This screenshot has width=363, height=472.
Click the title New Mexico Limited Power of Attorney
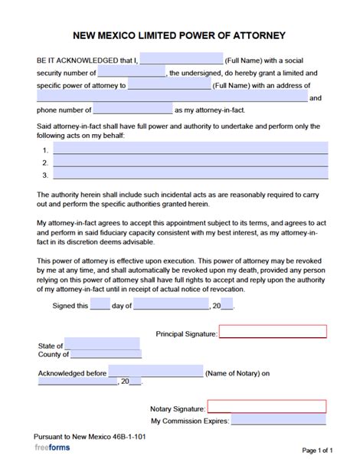coord(182,34)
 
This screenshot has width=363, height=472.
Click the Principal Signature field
coord(273,332)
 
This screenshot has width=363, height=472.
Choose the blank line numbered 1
coord(190,149)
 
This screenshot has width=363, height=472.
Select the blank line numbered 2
coord(190,162)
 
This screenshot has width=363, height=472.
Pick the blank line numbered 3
coord(190,175)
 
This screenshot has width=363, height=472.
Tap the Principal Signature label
coord(186,334)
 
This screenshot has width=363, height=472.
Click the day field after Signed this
coord(100,305)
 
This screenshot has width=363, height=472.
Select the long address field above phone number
coord(172,97)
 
